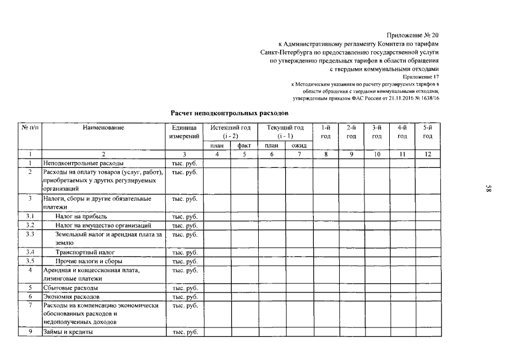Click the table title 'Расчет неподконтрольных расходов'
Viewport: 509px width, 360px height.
229,112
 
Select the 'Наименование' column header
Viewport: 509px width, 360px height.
103,128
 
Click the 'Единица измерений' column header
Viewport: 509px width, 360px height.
184,132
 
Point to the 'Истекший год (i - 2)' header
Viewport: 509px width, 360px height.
230,132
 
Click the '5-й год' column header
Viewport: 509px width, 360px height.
427,132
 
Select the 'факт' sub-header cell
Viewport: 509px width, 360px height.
244,146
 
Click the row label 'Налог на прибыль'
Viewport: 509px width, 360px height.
81,216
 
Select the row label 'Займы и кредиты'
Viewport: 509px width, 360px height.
67,332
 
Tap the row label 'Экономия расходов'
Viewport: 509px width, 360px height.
71,296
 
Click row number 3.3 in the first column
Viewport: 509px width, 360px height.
30,234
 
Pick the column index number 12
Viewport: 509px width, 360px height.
427,154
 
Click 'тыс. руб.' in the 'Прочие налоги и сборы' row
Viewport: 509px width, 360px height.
184,262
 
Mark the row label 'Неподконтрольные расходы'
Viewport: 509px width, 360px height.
80,163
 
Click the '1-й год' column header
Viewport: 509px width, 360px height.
326,132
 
